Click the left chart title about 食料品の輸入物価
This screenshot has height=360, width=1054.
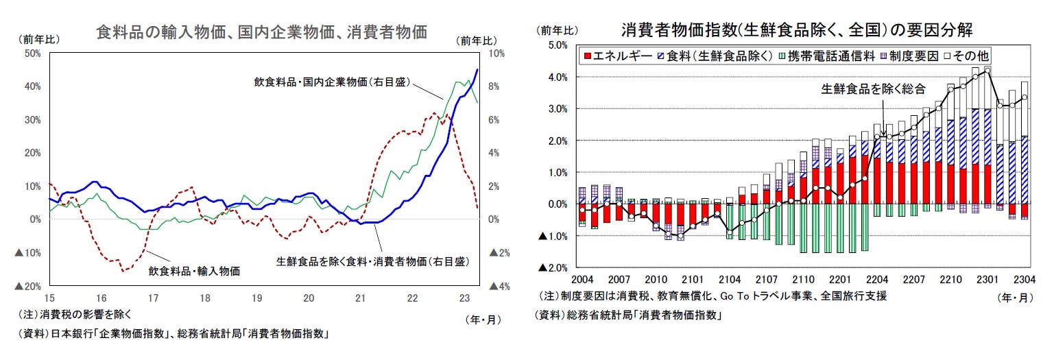coord(262,32)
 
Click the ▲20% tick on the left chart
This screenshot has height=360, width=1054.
coord(29,286)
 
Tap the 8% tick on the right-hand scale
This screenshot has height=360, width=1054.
coord(496,86)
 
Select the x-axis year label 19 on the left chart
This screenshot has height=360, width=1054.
coord(256,298)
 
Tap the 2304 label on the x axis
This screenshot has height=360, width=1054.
coord(1025,280)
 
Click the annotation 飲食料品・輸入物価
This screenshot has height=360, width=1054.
coord(194,271)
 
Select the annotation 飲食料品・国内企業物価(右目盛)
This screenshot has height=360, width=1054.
coord(332,82)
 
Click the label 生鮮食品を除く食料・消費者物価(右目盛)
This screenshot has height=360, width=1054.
coord(372,261)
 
